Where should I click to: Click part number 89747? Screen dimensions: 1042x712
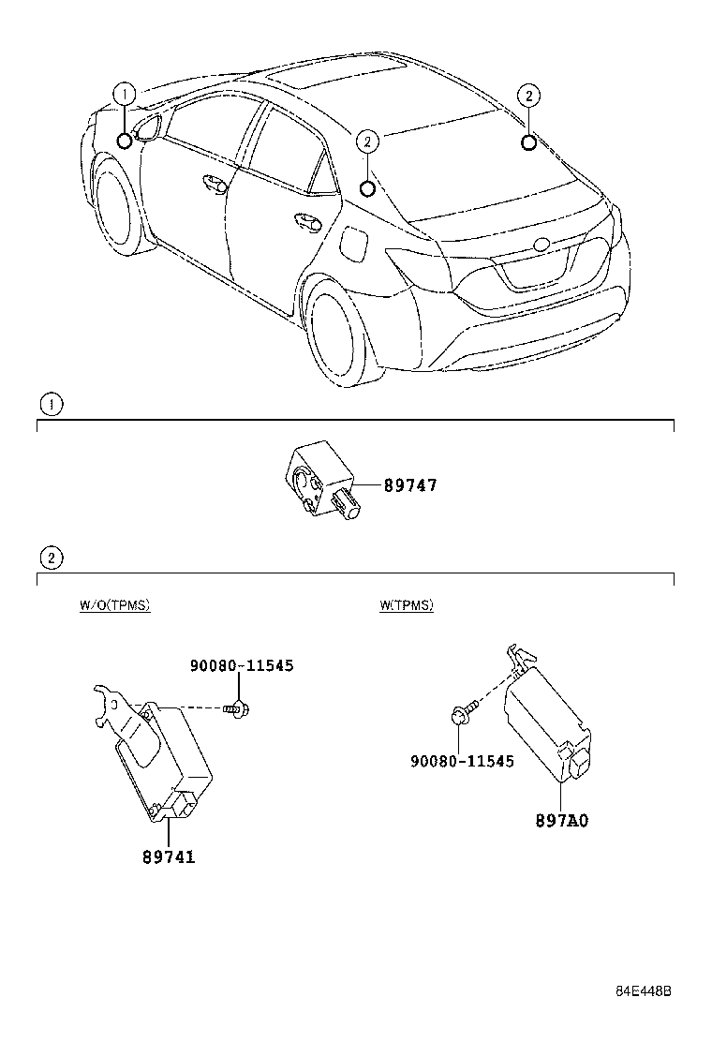click(409, 485)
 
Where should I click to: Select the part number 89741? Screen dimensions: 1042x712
click(169, 856)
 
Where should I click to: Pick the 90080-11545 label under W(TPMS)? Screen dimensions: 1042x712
click(462, 761)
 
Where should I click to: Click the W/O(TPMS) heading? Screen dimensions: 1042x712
click(114, 605)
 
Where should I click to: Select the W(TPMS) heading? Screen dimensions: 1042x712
click(406, 605)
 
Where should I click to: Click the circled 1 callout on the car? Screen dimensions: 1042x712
click(125, 93)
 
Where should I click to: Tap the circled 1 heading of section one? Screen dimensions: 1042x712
click(51, 404)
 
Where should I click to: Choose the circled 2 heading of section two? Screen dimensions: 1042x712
click(51, 558)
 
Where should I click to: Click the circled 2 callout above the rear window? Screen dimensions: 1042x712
click(528, 95)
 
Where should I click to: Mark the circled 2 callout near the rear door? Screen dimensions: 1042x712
click(368, 141)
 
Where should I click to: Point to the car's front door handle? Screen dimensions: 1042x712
click(213, 184)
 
